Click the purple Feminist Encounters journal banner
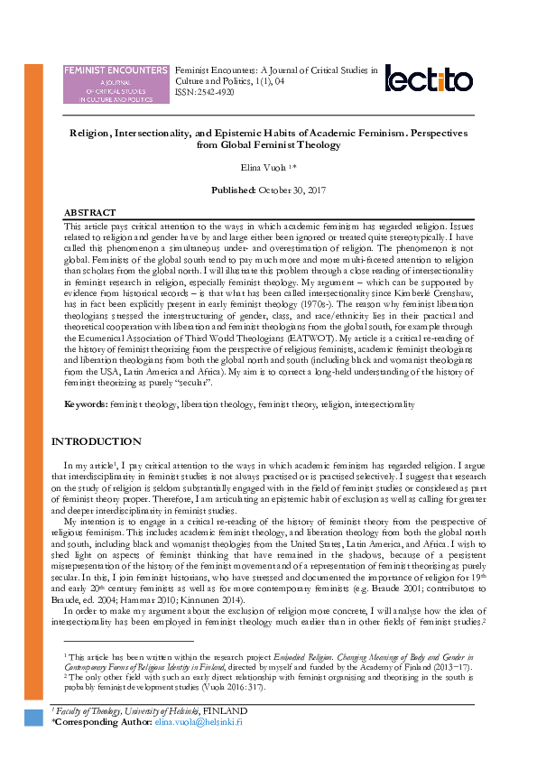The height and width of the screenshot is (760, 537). click(x=116, y=84)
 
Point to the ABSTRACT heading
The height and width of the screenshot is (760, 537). click(x=89, y=212)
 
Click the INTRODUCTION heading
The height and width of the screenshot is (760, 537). click(x=96, y=441)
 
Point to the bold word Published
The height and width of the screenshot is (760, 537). click(x=233, y=191)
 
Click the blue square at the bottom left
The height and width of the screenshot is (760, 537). click(x=32, y=718)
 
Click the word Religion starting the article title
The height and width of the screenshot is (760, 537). click(x=95, y=132)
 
